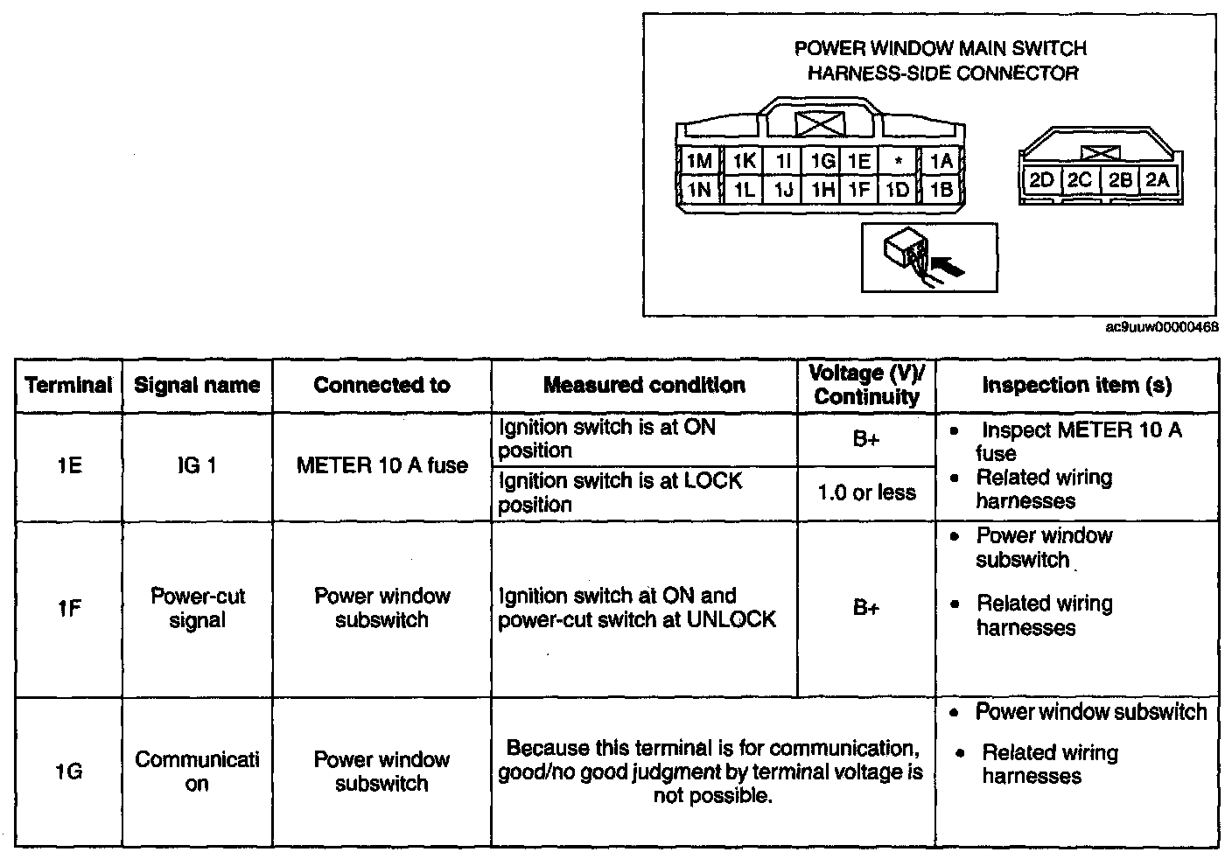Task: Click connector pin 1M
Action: pos(698,162)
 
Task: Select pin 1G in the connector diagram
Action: pos(822,162)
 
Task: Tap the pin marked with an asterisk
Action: pos(898,162)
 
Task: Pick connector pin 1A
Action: pos(941,162)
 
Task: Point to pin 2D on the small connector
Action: pos(1040,180)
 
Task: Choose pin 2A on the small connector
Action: pos(1158,180)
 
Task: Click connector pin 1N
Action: pos(698,190)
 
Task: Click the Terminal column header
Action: pos(69,385)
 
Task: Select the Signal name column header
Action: pos(197,385)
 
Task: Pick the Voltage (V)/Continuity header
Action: pos(866,385)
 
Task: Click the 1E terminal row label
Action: pos(69,466)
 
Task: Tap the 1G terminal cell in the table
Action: pos(69,772)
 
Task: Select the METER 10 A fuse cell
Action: pos(381,466)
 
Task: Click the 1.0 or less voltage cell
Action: pos(866,493)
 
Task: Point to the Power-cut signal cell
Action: pos(197,608)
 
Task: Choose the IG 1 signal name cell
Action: pos(197,466)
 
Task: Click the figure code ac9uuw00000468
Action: pos(1162,327)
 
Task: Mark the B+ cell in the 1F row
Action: pos(866,608)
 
